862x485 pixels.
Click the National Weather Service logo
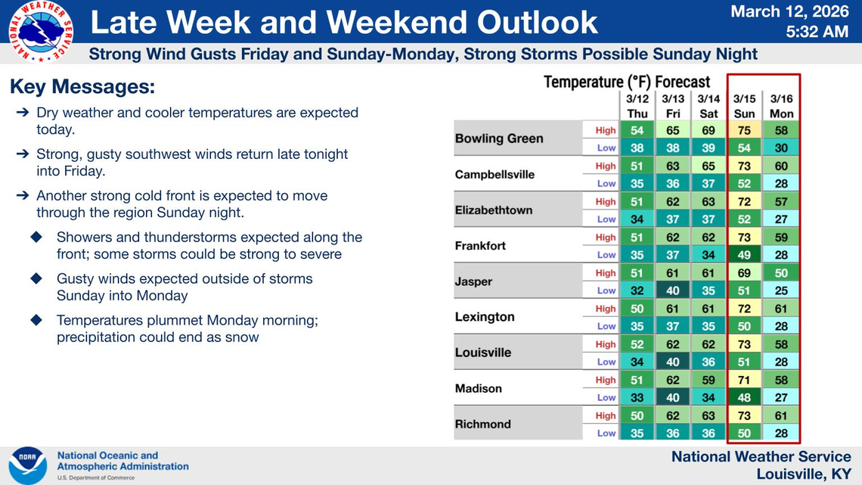coord(41,31)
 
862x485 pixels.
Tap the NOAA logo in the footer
coord(28,465)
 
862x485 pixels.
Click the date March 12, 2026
coord(789,11)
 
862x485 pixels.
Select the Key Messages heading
coord(82,87)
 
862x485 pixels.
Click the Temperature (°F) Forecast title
coord(627,82)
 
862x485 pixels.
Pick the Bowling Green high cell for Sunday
coord(744,130)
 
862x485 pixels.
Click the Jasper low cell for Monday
coord(781,291)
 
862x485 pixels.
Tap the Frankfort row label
coord(480,246)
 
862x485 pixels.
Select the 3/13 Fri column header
coord(673,106)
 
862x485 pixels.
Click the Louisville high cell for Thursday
coord(637,344)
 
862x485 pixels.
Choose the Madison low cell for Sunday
coord(744,397)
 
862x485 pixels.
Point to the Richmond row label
coord(482,424)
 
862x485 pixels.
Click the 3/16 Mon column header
coord(781,106)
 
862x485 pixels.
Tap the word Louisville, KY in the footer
coord(803,474)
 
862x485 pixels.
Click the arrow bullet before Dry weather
coord(23,113)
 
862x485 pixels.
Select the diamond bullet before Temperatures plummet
coord(36,320)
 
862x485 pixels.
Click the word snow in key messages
coord(242,337)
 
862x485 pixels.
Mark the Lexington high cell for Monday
coord(781,309)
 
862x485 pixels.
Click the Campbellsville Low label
coord(606,183)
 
